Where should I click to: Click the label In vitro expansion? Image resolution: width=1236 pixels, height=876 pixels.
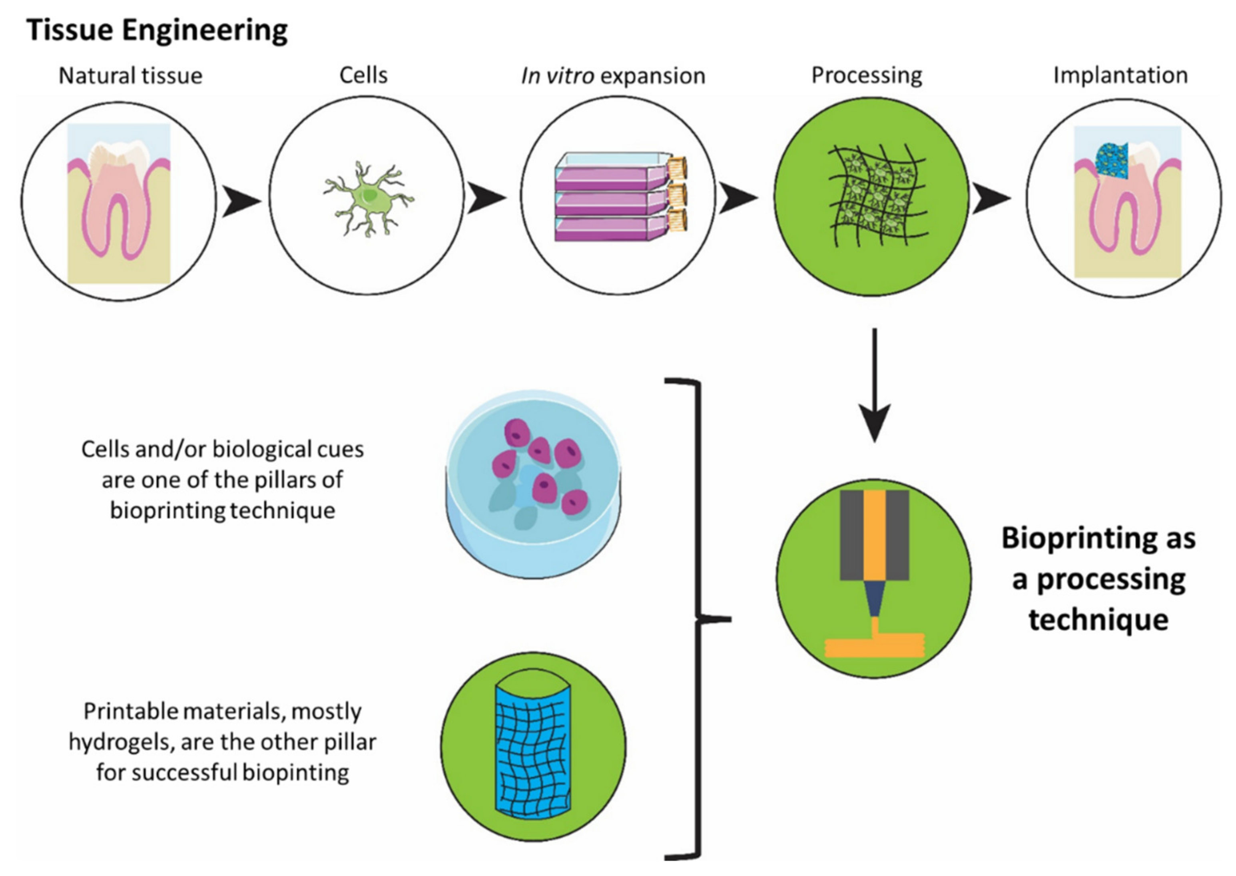(613, 76)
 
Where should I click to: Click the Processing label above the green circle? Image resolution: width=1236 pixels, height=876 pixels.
(867, 76)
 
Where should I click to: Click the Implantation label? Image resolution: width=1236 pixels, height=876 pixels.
(1120, 76)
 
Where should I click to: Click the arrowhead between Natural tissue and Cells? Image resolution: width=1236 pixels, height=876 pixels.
(240, 201)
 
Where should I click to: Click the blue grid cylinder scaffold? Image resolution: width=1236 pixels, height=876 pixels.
(532, 747)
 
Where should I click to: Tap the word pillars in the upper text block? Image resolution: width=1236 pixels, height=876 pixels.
(287, 480)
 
